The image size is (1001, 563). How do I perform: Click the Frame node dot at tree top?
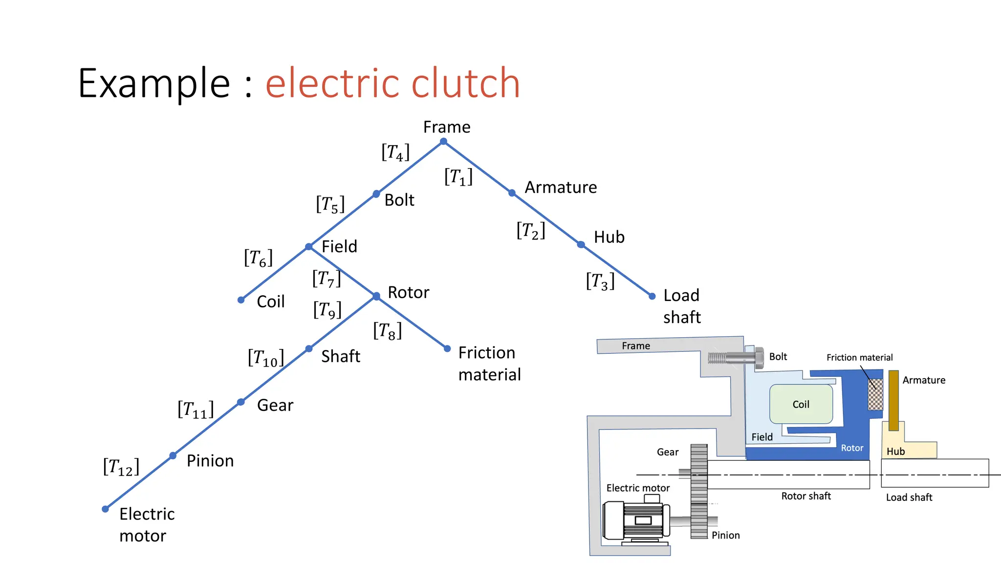click(x=443, y=142)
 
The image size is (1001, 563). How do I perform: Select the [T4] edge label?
click(x=395, y=152)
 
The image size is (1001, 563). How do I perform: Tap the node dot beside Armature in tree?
click(x=512, y=193)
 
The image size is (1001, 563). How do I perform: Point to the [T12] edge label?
click(x=121, y=467)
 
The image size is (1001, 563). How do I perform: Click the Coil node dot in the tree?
click(x=241, y=300)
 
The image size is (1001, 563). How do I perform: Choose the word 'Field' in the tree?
click(x=339, y=246)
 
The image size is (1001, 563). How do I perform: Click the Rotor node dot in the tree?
click(x=376, y=296)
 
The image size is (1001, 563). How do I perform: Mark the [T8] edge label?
click(x=387, y=331)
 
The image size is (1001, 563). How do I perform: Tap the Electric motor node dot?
click(x=105, y=509)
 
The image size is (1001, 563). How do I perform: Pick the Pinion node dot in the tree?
click(x=173, y=456)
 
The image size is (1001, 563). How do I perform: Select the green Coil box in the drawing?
click(x=801, y=404)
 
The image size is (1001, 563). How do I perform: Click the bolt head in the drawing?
click(x=759, y=358)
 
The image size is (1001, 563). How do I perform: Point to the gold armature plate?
click(x=893, y=401)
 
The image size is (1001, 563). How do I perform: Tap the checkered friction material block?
click(x=875, y=395)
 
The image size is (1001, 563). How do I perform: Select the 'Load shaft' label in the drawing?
click(x=909, y=498)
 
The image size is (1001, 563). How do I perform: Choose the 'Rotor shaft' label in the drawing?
click(x=806, y=496)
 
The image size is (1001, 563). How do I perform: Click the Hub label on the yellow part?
click(x=895, y=452)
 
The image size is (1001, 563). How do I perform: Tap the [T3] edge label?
click(x=600, y=281)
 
